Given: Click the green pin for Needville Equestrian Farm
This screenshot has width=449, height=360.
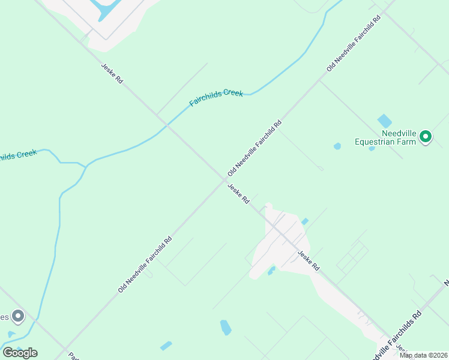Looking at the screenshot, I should [426, 137].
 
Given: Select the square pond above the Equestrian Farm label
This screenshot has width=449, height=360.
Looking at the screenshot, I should [384, 121].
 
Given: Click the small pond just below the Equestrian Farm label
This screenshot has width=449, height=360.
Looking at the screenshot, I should [372, 148].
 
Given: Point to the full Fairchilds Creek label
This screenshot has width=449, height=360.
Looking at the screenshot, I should [216, 98].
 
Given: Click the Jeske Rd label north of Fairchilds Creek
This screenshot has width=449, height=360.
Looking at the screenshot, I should [112, 73].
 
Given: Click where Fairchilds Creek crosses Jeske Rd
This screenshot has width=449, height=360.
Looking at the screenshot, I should [167, 125].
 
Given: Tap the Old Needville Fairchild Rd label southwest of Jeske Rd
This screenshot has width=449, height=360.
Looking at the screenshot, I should [145, 264].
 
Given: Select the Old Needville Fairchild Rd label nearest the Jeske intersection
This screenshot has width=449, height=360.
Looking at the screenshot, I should [255, 149].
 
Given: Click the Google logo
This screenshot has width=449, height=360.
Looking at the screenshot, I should [20, 352].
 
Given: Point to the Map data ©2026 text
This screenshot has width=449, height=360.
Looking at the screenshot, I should [423, 355].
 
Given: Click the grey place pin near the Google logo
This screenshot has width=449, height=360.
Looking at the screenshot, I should [18, 315].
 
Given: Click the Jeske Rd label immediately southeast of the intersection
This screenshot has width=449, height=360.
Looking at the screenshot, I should [238, 193].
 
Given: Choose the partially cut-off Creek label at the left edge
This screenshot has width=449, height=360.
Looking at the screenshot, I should [18, 155].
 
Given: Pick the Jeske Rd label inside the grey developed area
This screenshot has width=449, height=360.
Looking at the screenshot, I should [308, 260].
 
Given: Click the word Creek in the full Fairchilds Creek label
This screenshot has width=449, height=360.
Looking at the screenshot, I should [233, 94].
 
